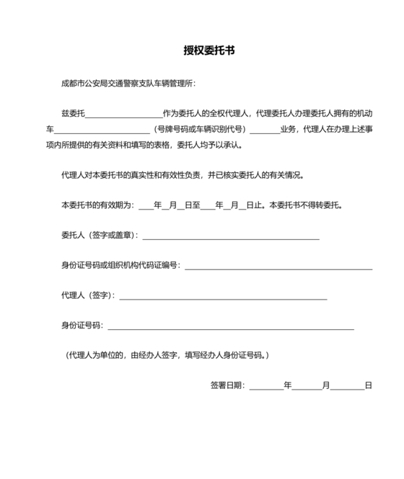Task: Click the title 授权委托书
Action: [x=208, y=51]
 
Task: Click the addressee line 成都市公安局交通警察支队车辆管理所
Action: [x=128, y=83]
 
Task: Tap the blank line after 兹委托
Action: [x=124, y=115]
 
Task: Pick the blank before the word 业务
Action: [x=264, y=131]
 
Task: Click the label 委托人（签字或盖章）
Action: [x=100, y=235]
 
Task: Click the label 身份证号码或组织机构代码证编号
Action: [x=120, y=266]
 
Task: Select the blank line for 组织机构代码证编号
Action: [x=278, y=268]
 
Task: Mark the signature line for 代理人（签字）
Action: [x=223, y=297]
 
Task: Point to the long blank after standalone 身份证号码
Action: [x=231, y=328]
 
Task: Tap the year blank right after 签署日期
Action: [x=265, y=387]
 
